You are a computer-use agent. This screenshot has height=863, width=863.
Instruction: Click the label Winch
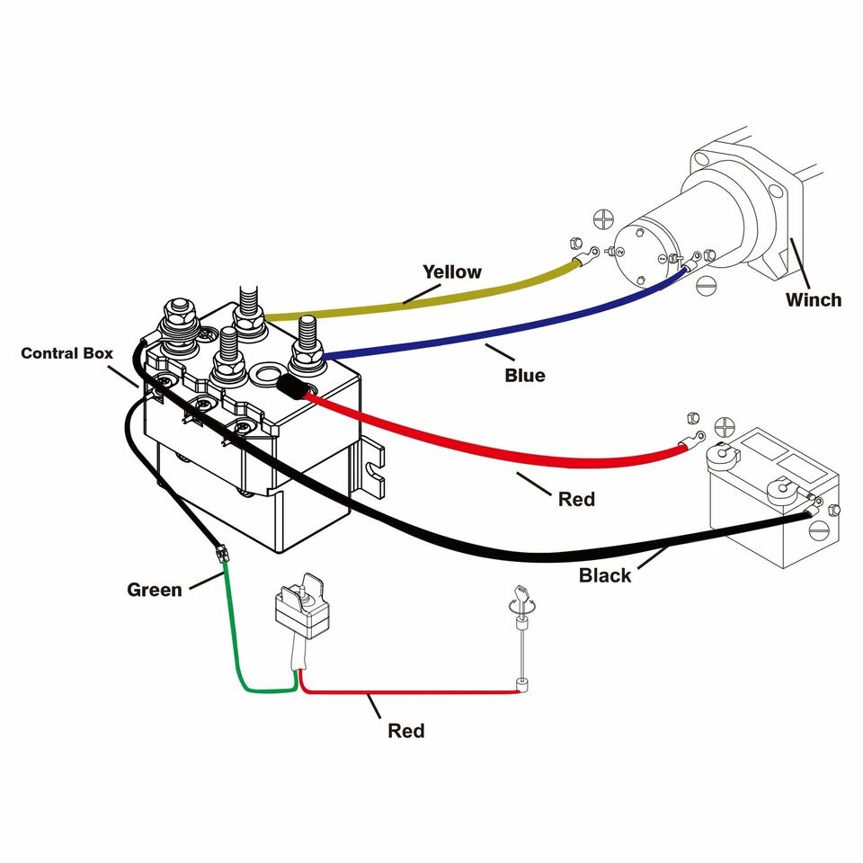(x=814, y=300)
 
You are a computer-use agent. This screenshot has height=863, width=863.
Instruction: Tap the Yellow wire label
(x=452, y=271)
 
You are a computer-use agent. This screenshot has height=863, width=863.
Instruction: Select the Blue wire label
(x=524, y=375)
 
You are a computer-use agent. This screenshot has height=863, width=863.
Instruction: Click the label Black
(x=605, y=574)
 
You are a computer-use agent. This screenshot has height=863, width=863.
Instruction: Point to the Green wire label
(x=155, y=590)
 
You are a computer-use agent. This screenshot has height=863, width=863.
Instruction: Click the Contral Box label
(x=67, y=353)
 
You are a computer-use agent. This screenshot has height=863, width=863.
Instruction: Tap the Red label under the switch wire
(x=406, y=730)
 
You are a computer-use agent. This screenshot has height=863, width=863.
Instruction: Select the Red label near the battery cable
(x=576, y=498)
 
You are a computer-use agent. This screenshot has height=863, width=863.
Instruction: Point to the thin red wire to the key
(x=414, y=693)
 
